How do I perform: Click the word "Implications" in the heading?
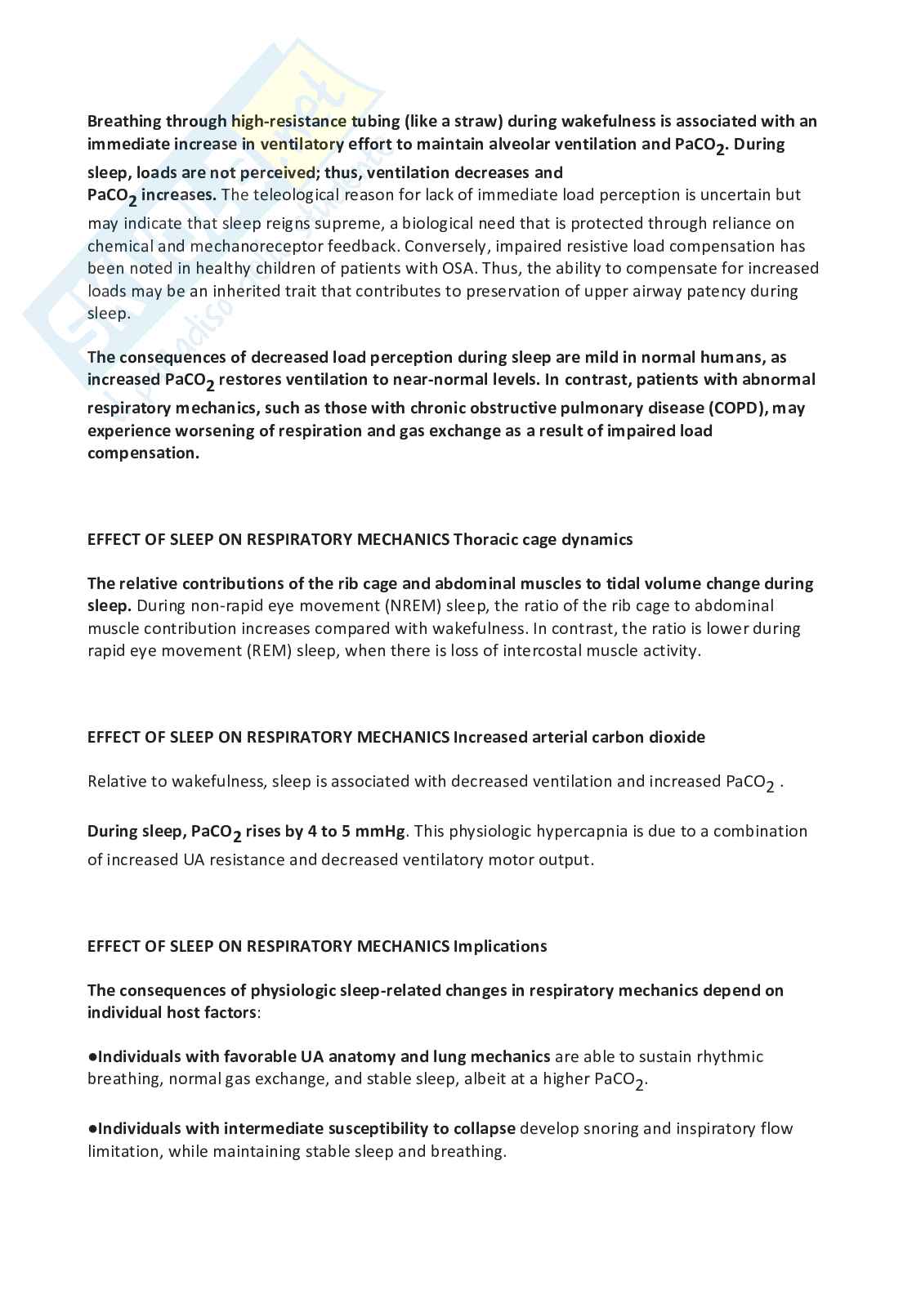[500, 946]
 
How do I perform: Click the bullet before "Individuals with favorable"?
[92, 1056]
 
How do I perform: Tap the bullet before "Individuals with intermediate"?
[92, 1128]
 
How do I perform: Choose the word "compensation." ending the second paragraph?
[143, 453]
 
